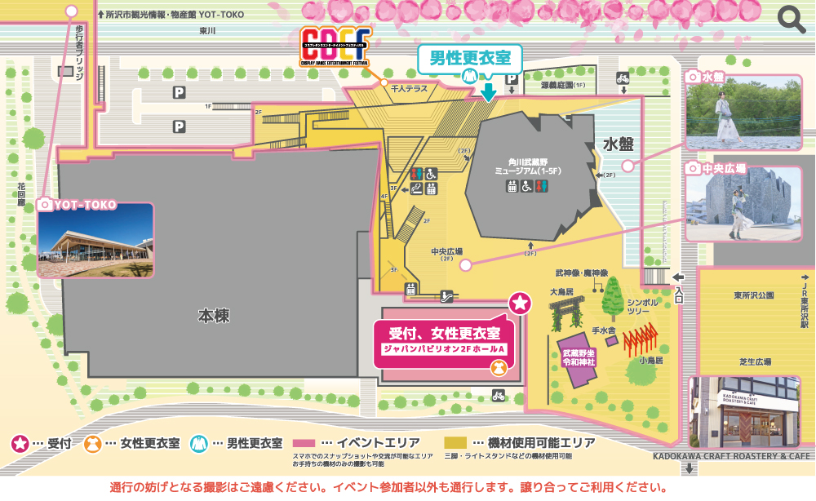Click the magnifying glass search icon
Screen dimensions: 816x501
click(x=792, y=19)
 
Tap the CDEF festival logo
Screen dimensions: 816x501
click(x=335, y=48)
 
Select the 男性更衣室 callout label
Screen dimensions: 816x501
click(x=470, y=59)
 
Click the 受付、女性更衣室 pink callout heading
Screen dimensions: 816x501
click(x=444, y=332)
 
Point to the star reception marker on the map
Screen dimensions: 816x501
click(x=520, y=304)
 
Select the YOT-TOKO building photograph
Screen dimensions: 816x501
click(x=95, y=241)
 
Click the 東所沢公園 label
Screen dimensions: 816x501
click(x=752, y=295)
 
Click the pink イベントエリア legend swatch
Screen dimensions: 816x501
click(x=314, y=443)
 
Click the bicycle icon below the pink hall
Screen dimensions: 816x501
click(x=498, y=396)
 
